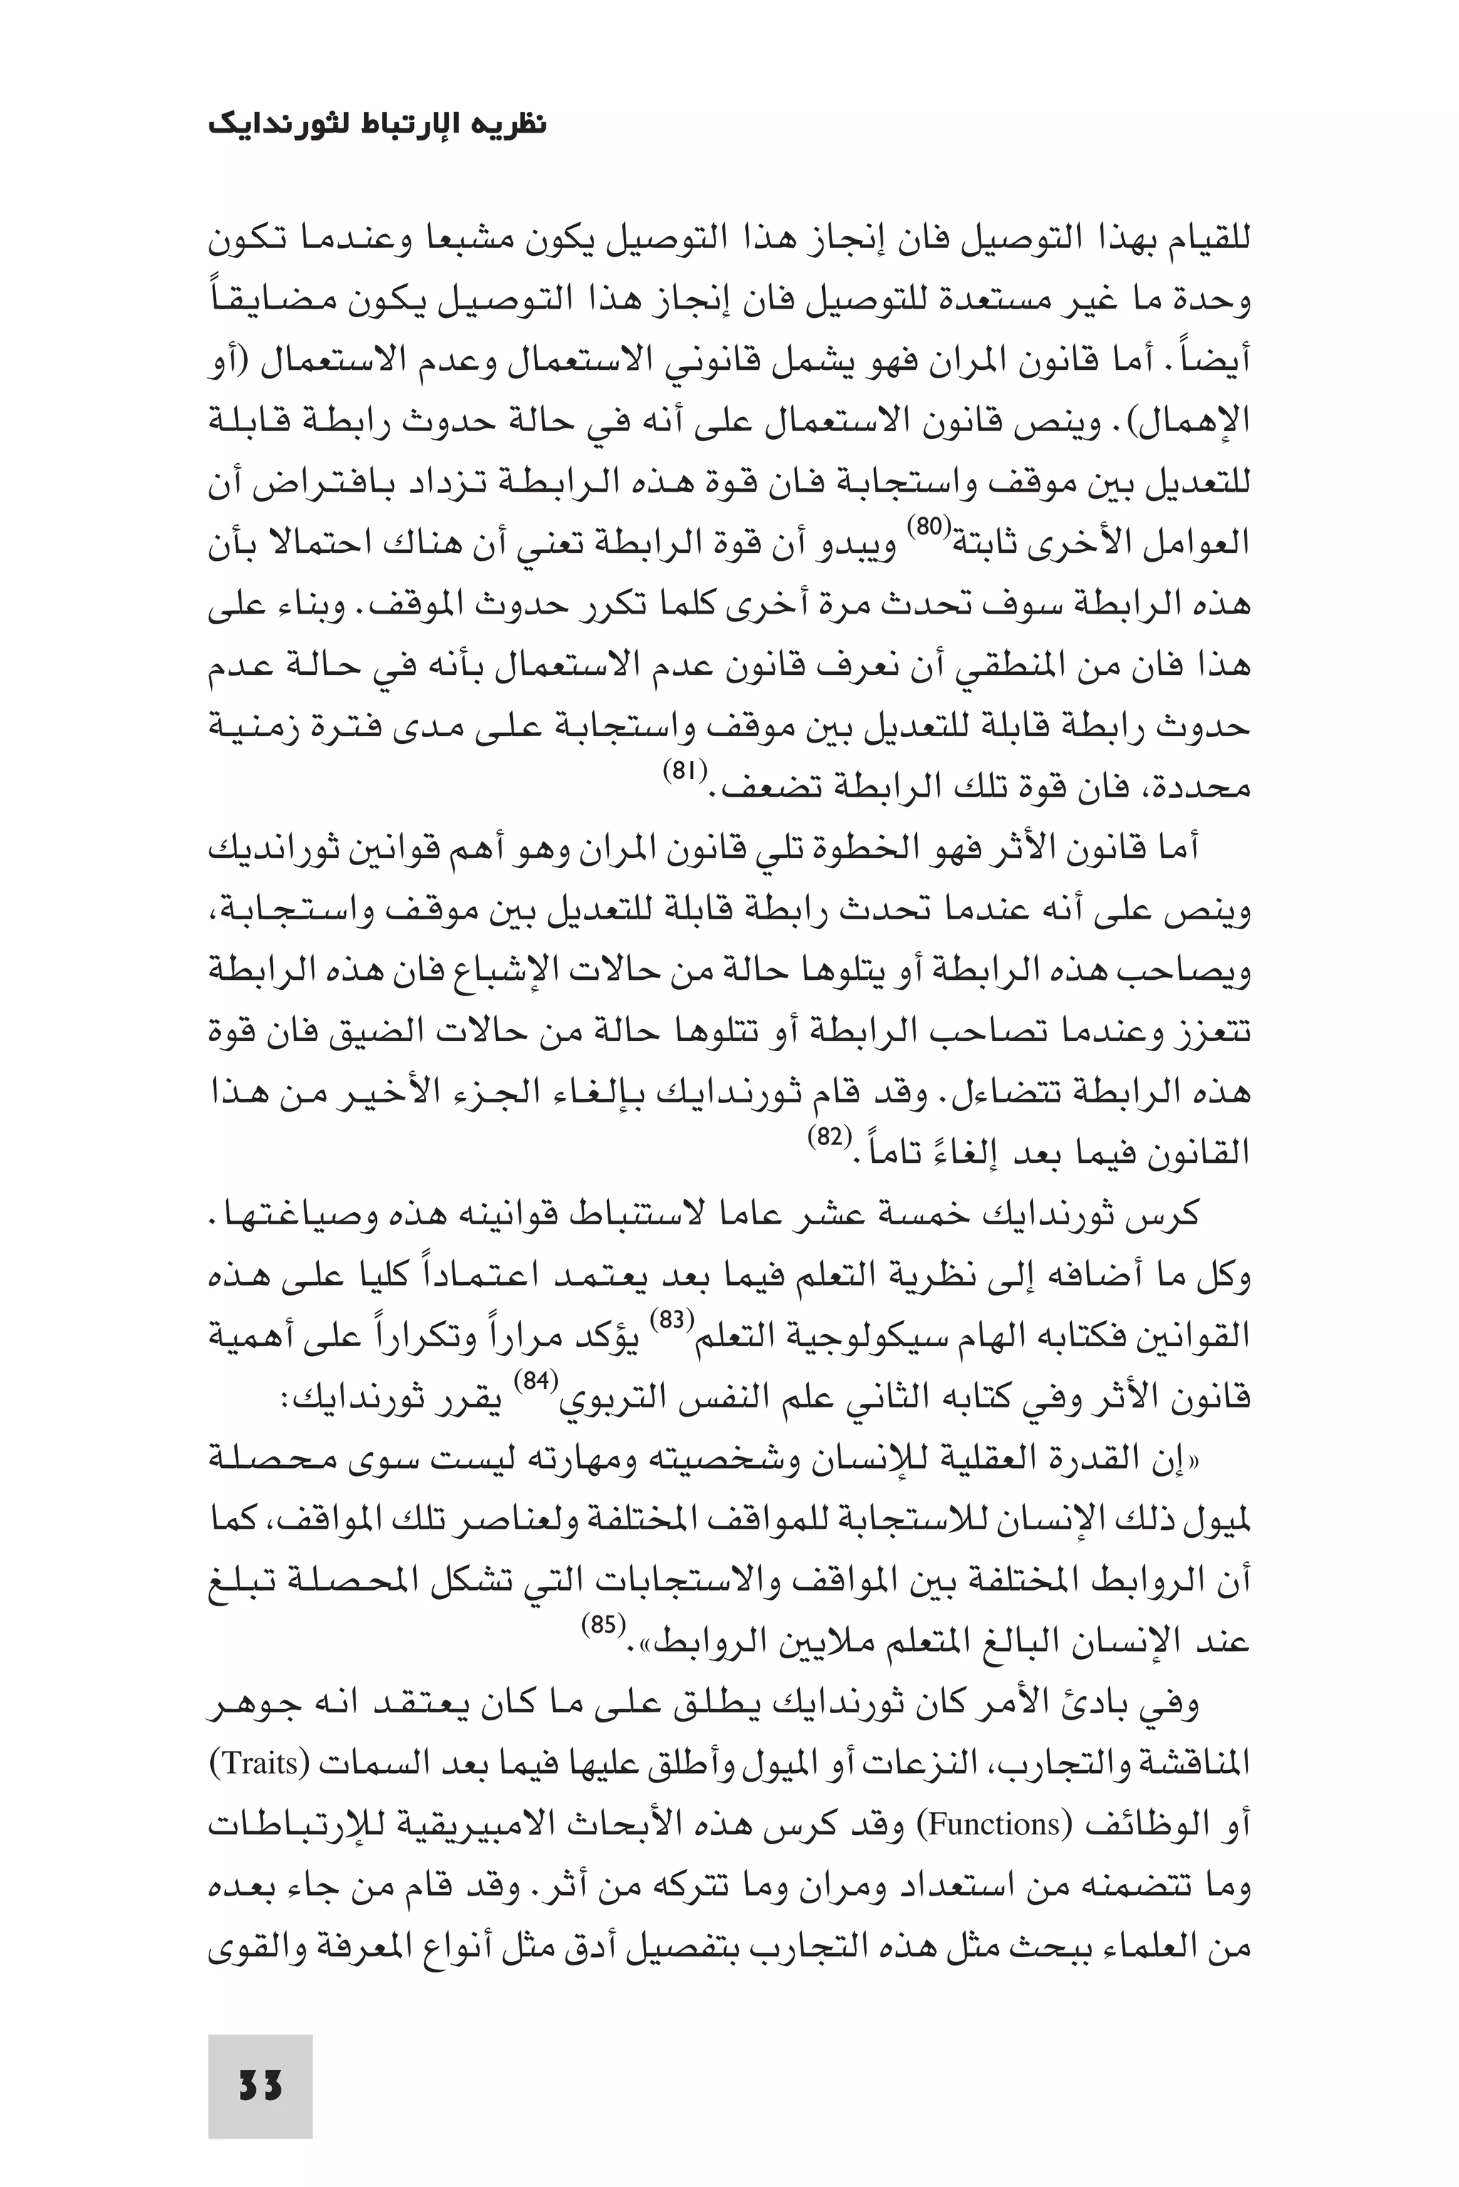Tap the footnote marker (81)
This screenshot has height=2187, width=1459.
tap(687, 770)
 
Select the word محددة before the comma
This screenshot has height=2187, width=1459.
tap(1198, 789)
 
